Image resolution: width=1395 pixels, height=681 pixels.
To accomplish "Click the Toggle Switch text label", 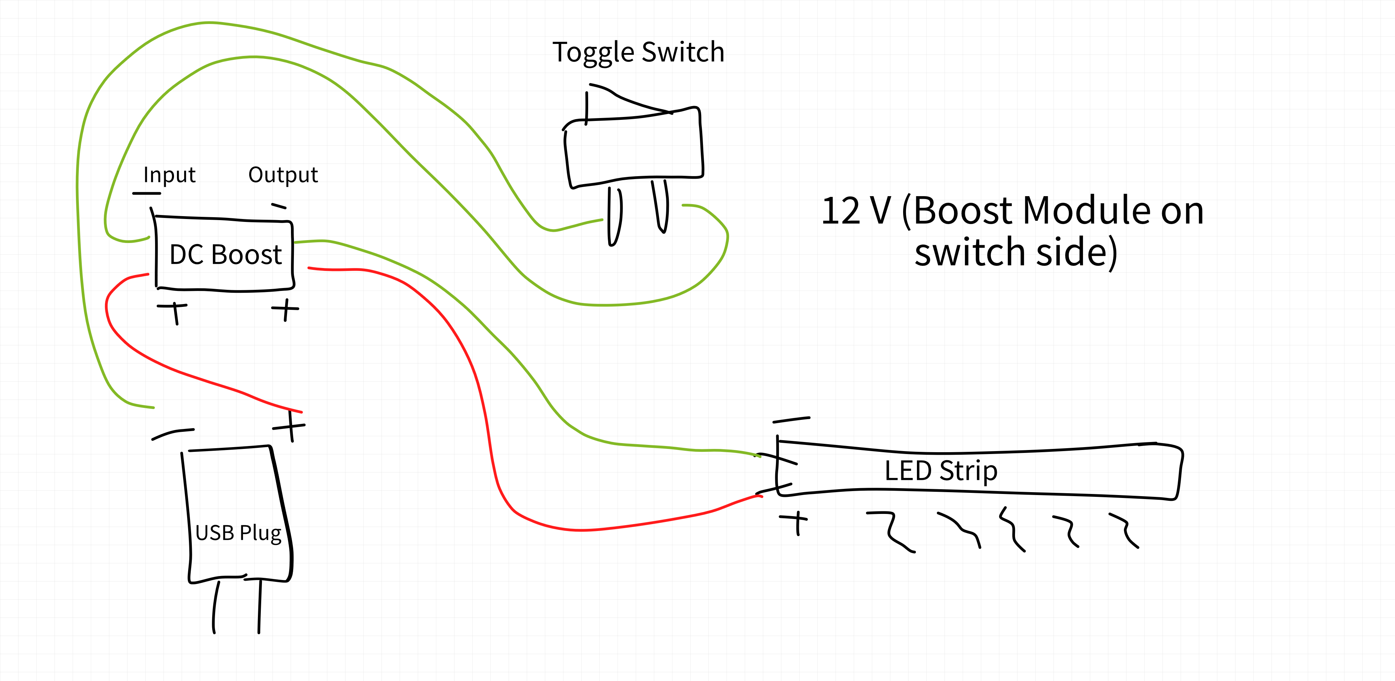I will point(638,53).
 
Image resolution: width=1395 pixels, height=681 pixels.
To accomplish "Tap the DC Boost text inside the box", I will point(225,255).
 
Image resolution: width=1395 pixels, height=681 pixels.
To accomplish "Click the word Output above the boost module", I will point(283,175).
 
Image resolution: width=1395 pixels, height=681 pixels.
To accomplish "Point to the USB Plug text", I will point(238,533).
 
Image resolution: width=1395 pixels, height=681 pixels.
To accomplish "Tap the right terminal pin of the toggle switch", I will point(661,207).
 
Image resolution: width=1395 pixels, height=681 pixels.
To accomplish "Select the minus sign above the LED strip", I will point(791,419).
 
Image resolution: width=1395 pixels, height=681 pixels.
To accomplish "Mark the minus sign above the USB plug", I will point(172,434).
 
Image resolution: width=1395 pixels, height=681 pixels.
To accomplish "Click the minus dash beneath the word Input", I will point(146,193).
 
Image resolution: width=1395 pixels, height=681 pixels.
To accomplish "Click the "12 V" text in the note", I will point(856,211).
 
